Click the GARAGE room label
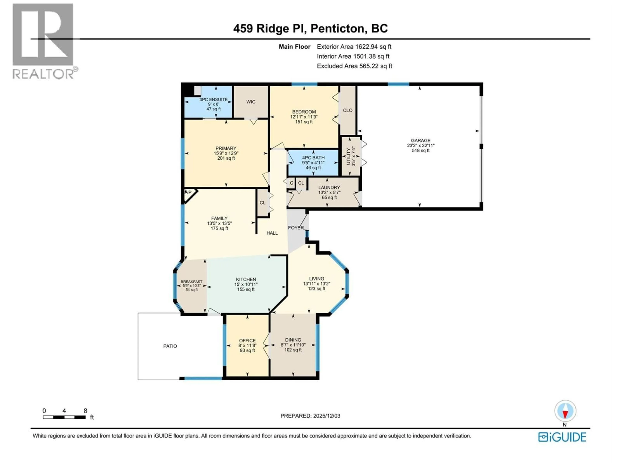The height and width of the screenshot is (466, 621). point(420,140)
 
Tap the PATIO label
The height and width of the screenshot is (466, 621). point(170,346)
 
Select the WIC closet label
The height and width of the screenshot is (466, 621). point(251,102)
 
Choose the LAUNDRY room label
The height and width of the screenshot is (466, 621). point(329,187)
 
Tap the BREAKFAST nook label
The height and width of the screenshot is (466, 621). point(191,282)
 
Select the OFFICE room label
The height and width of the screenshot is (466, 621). point(247,340)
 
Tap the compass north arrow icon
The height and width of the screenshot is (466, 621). point(565,411)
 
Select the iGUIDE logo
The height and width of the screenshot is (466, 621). point(562,437)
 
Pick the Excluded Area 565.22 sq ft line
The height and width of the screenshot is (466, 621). point(354,66)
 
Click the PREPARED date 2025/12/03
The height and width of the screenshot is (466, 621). point(310,416)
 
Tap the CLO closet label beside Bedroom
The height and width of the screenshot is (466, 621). point(348,110)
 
